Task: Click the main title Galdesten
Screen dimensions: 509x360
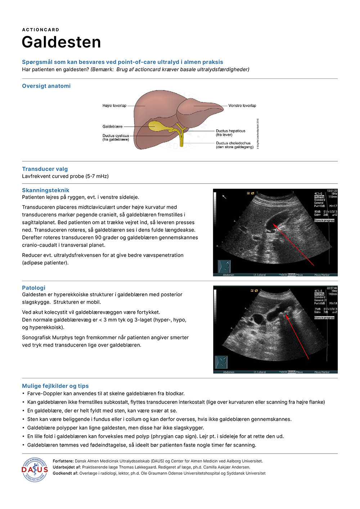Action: pyautogui.click(x=61, y=42)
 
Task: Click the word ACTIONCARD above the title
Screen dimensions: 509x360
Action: pyautogui.click(x=41, y=30)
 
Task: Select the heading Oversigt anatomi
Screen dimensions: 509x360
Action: pyautogui.click(x=46, y=86)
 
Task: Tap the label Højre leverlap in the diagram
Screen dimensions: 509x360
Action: pyautogui.click(x=114, y=106)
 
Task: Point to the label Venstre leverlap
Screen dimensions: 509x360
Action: pyautogui.click(x=242, y=106)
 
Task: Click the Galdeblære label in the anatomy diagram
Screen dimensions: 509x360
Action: pyautogui.click(x=112, y=127)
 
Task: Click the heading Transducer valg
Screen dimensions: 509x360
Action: pyautogui.click(x=45, y=169)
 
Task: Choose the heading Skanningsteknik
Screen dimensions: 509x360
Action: pyautogui.click(x=45, y=190)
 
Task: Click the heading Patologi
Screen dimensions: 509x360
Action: pyautogui.click(x=33, y=288)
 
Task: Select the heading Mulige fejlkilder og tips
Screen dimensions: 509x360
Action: pyautogui.click(x=55, y=386)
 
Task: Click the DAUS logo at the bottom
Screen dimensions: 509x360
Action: pyautogui.click(x=35, y=469)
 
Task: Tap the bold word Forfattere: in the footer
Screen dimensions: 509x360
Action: pyautogui.click(x=63, y=461)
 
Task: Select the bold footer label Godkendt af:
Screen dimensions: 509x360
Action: pyautogui.click(x=66, y=473)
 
